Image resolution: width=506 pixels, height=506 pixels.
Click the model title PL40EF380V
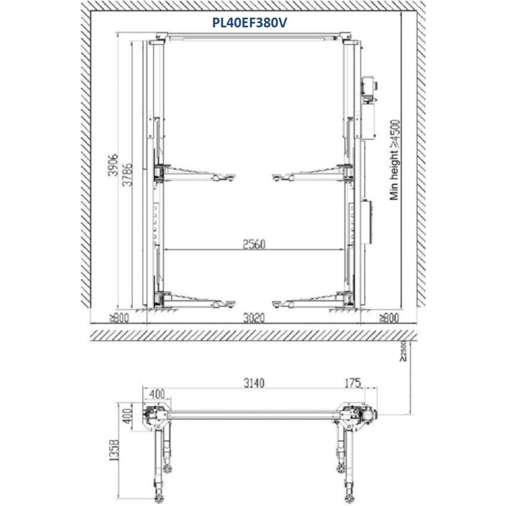pos(249,23)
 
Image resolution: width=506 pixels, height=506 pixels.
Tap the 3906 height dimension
pos(113,165)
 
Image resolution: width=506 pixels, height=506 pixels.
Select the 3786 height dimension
pos(128,174)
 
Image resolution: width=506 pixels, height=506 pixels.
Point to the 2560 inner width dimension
pos(254,244)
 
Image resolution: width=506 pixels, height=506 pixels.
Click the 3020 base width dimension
pos(254,318)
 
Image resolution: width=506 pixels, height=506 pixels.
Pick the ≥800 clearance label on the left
pos(119,318)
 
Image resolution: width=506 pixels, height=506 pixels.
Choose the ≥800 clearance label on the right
pos(389,318)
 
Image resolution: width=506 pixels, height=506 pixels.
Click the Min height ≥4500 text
pos(395,160)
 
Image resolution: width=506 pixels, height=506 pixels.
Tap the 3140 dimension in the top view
pos(254,383)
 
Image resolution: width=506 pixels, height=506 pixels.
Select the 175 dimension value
pos(352,383)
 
